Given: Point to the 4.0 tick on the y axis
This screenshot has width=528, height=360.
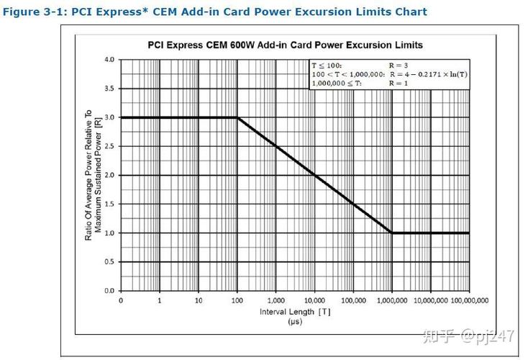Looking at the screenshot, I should click(x=109, y=60).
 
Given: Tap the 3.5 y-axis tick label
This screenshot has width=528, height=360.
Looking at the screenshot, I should click(x=109, y=89).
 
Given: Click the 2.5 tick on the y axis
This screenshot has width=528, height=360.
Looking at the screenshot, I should click(x=109, y=146).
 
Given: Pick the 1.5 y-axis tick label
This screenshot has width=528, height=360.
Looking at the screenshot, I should click(x=109, y=204).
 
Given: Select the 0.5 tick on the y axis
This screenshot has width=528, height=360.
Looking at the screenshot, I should click(x=109, y=262).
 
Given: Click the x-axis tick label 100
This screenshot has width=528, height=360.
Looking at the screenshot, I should click(x=237, y=300).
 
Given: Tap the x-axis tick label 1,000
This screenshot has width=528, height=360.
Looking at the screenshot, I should click(x=276, y=300).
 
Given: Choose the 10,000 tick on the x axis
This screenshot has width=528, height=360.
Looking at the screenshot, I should click(x=314, y=300).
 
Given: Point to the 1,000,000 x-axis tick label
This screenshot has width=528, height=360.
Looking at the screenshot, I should click(x=391, y=300).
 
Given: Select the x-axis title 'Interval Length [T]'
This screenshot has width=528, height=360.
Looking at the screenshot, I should click(x=296, y=312).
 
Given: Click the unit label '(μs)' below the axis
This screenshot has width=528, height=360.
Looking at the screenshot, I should click(x=296, y=322).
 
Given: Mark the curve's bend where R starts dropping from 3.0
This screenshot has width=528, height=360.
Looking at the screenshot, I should click(x=237, y=117).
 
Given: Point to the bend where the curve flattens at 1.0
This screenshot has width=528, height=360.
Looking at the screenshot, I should click(x=392, y=233).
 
